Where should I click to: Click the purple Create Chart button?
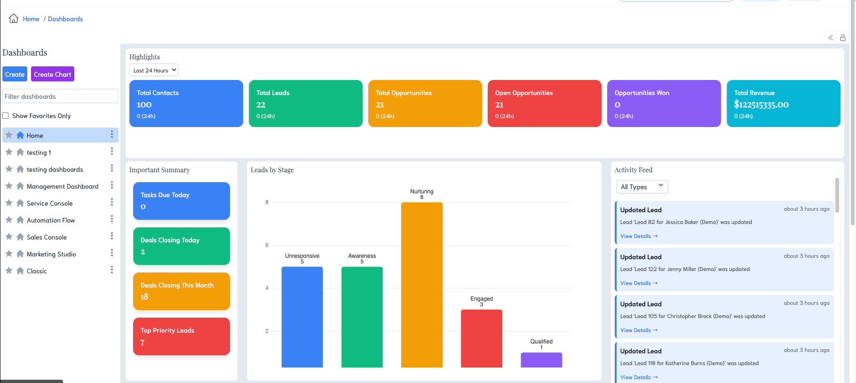pyautogui.click(x=53, y=74)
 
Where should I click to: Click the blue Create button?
pyautogui.click(x=15, y=74)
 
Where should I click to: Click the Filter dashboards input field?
pyautogui.click(x=60, y=96)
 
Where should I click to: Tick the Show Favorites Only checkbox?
pyautogui.click(x=6, y=116)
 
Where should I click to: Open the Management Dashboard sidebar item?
pyautogui.click(x=63, y=186)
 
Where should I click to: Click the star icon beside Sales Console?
pyautogui.click(x=9, y=237)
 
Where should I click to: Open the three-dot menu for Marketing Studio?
pyautogui.click(x=112, y=253)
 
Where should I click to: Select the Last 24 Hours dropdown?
pyautogui.click(x=154, y=70)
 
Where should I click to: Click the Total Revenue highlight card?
pyautogui.click(x=783, y=104)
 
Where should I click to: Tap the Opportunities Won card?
pyautogui.click(x=664, y=104)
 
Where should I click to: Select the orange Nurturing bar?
pyautogui.click(x=422, y=285)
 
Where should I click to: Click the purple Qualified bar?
pyautogui.click(x=541, y=360)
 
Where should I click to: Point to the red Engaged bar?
pyautogui.click(x=482, y=338)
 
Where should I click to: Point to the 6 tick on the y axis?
pyautogui.click(x=267, y=245)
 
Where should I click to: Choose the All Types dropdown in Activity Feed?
pyautogui.click(x=642, y=187)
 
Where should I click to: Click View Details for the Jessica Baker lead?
pyautogui.click(x=639, y=236)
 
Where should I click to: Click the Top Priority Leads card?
pyautogui.click(x=182, y=336)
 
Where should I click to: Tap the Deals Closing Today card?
pyautogui.click(x=182, y=246)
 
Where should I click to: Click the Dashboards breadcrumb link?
pyautogui.click(x=65, y=19)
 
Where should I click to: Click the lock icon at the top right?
pyautogui.click(x=843, y=38)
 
